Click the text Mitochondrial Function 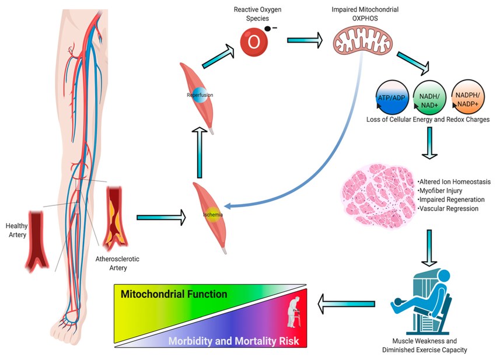(x=174, y=294)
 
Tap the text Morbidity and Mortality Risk (x=234, y=341)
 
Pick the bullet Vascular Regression (x=448, y=208)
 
